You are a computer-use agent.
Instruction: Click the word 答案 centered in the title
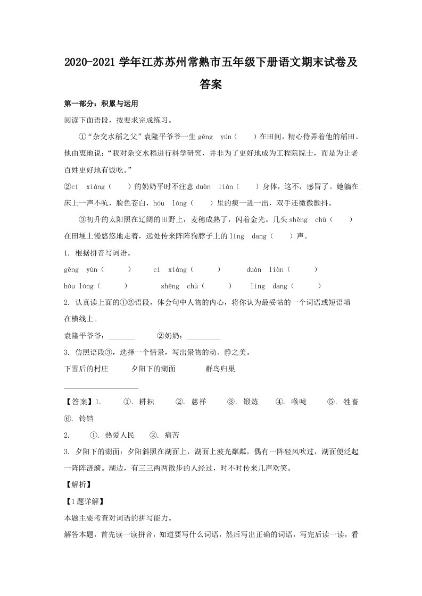[211, 84]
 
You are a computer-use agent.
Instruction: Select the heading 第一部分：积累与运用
[101, 104]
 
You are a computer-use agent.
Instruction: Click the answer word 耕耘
[146, 402]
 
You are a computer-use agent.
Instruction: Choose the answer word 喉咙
[299, 402]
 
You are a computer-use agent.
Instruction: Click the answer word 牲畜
[351, 402]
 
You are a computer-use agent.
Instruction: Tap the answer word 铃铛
[86, 419]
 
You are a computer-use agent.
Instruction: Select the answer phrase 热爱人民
[120, 435]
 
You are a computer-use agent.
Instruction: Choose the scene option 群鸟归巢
[220, 369]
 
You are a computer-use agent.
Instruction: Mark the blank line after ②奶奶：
[203, 336]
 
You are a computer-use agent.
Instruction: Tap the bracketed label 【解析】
[78, 484]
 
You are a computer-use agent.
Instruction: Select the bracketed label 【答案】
[78, 402]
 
